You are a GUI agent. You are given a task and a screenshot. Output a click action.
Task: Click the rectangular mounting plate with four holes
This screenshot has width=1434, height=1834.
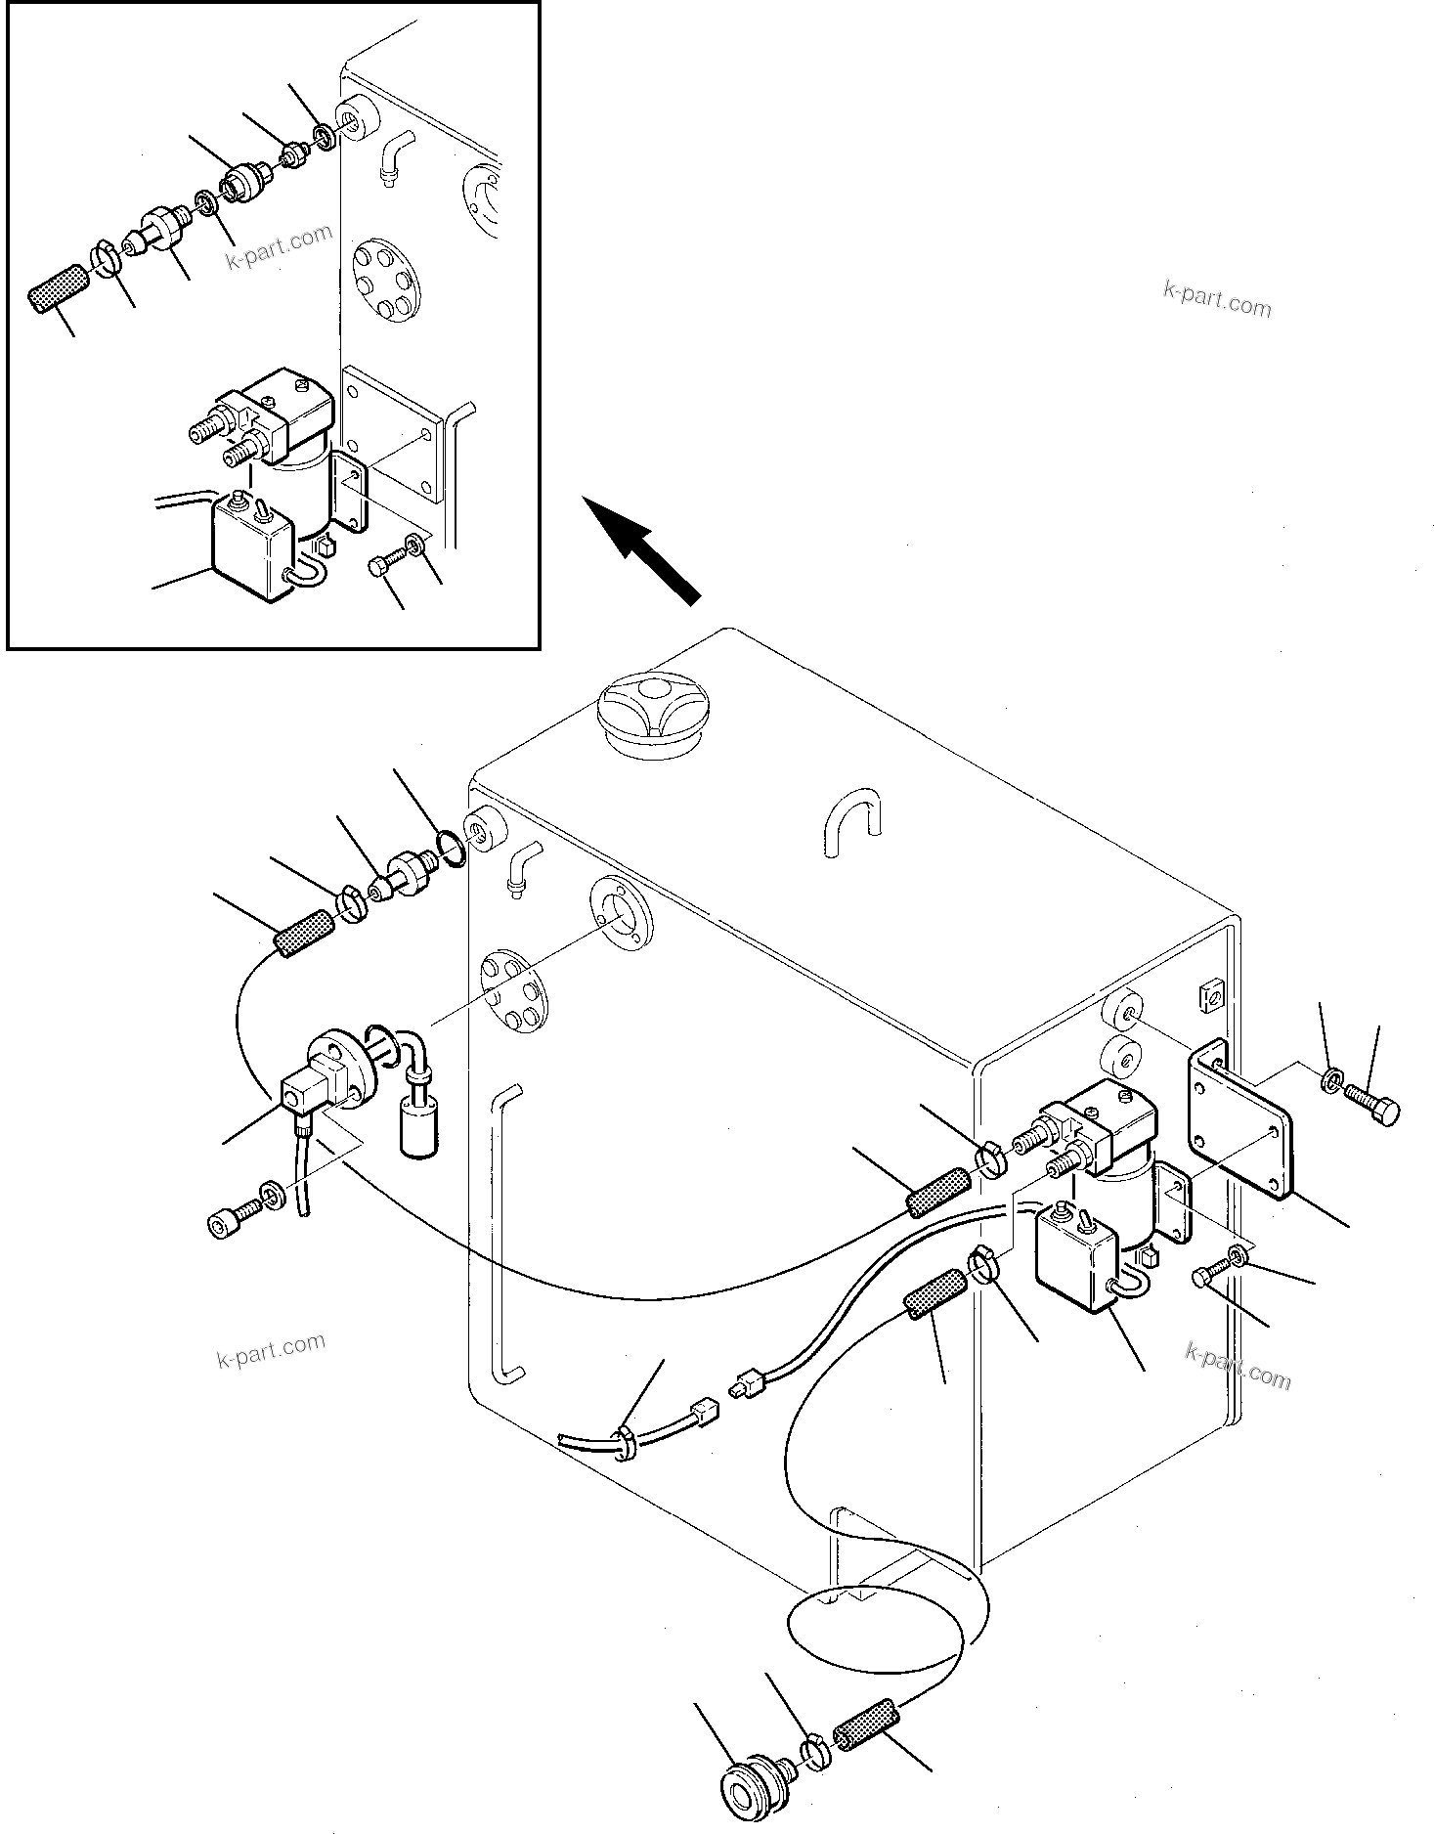click(1241, 1121)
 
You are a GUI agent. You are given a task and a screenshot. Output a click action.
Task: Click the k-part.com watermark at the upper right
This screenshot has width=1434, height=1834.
click(1216, 299)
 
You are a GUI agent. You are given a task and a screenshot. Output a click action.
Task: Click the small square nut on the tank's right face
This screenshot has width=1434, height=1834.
click(1208, 996)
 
